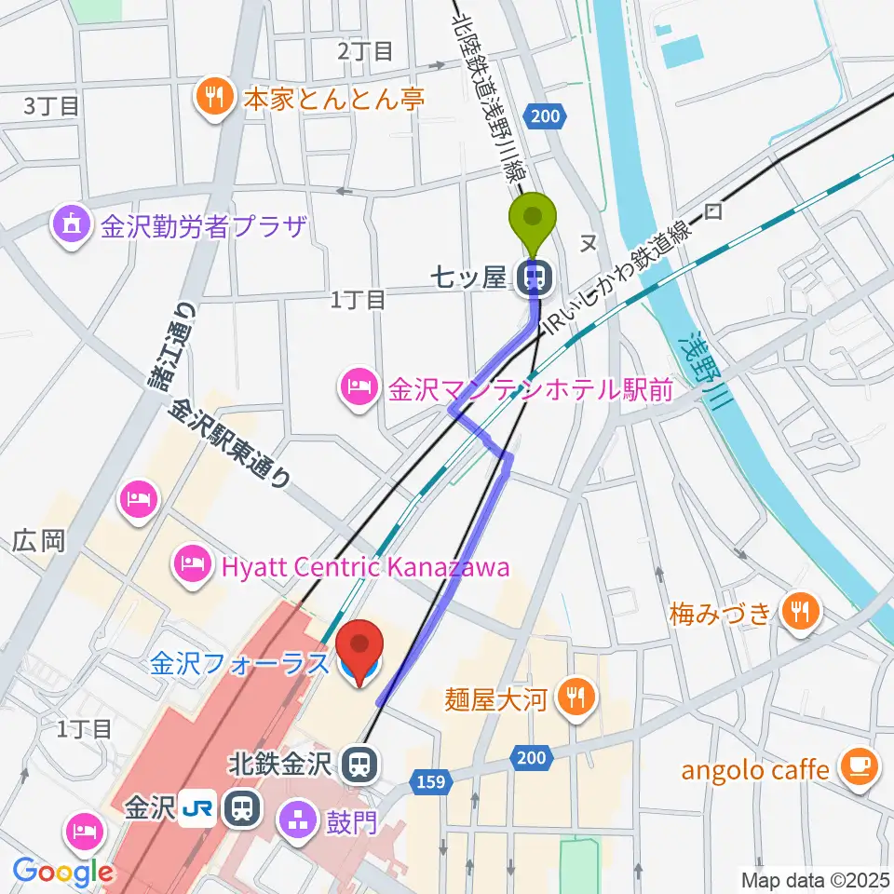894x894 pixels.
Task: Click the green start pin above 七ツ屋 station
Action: click(533, 220)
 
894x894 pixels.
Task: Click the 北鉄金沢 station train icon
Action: click(357, 765)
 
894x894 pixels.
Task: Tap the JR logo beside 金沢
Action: click(197, 806)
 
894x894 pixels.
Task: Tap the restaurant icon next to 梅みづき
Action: click(798, 612)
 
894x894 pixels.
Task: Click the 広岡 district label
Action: click(38, 540)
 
